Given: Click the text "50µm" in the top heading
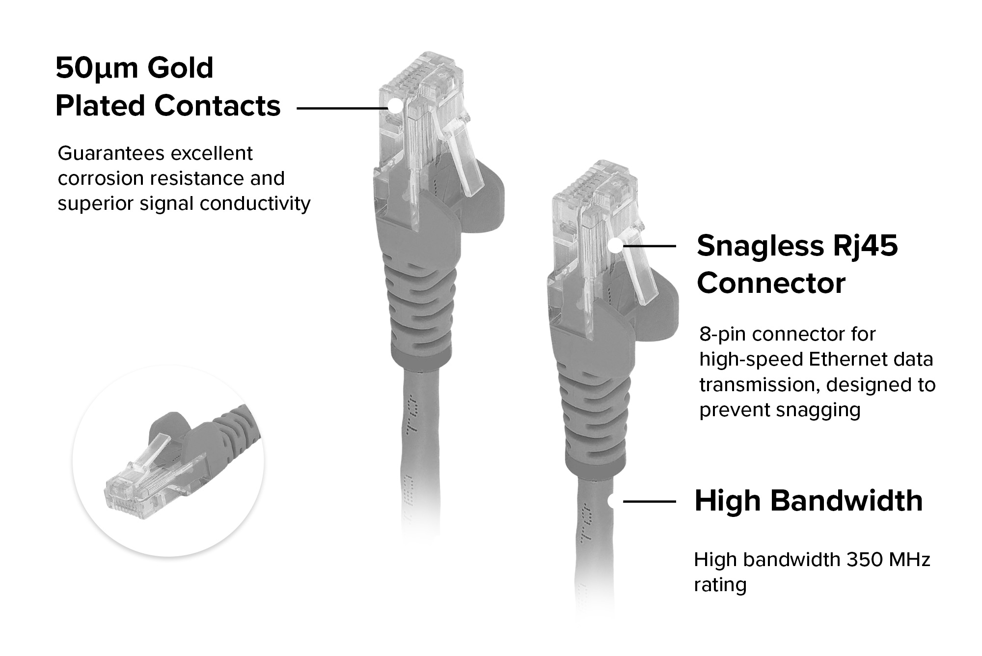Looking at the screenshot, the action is (97, 68).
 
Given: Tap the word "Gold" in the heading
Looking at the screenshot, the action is (180, 67).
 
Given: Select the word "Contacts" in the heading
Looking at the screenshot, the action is (218, 106).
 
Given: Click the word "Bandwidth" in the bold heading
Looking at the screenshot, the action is (846, 501).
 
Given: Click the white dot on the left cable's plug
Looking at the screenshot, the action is (395, 105).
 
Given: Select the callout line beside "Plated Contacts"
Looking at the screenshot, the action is (342, 108).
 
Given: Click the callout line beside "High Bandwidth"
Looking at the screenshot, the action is (649, 501).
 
